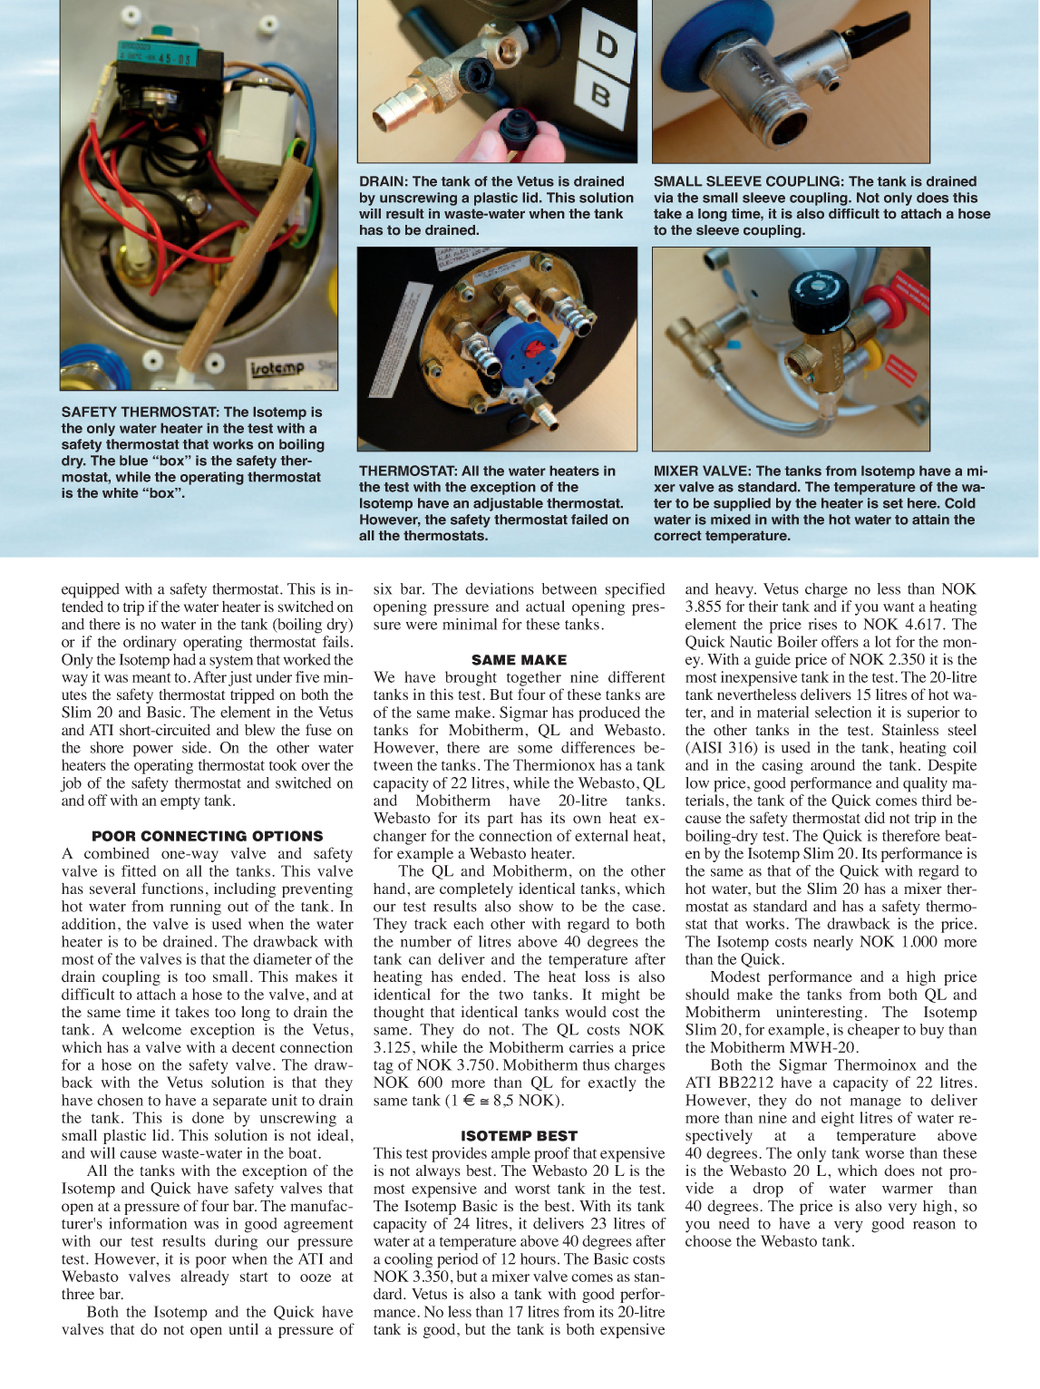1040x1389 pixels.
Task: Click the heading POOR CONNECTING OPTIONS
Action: (x=207, y=836)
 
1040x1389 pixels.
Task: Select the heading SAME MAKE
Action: (x=519, y=660)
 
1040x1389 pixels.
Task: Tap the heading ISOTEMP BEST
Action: (x=519, y=1136)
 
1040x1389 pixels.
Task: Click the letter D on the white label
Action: (x=606, y=44)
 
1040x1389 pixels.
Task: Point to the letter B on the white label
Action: (x=600, y=94)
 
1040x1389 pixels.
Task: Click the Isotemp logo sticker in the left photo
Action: (x=277, y=368)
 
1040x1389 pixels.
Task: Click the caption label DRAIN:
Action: (x=384, y=181)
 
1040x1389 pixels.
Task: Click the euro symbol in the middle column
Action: (x=469, y=1101)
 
